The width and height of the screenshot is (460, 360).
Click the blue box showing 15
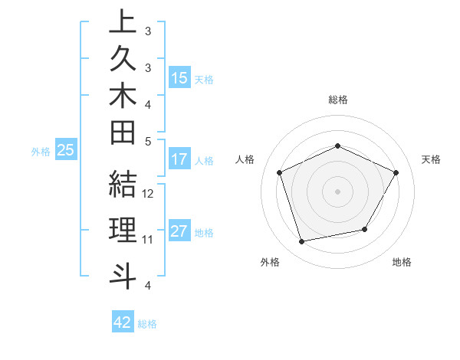point(179,78)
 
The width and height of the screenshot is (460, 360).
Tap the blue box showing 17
point(179,160)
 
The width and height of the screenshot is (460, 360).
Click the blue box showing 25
point(66,151)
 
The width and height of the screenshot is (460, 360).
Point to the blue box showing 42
point(123,322)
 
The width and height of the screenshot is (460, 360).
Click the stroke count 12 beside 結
point(149,194)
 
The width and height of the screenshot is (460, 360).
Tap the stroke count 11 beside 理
point(148,239)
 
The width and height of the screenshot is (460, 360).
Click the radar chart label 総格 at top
point(338,100)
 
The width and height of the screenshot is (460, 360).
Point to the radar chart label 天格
point(431,159)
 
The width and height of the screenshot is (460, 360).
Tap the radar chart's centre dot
point(337,191)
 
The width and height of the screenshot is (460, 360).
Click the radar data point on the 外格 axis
point(302,242)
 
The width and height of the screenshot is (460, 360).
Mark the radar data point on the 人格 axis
point(280,173)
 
